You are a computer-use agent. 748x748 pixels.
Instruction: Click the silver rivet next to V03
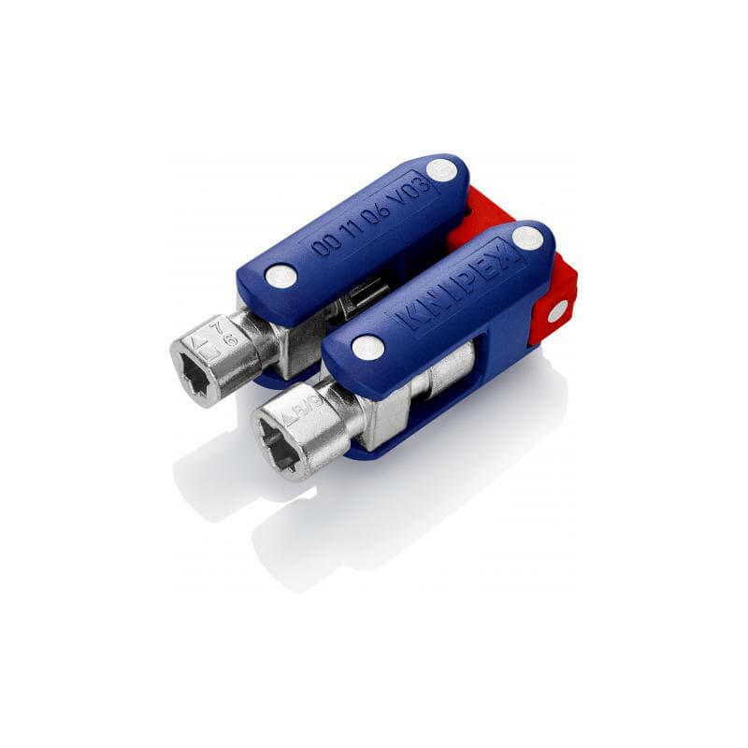click(442, 170)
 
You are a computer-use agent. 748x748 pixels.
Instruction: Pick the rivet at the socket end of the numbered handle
click(280, 276)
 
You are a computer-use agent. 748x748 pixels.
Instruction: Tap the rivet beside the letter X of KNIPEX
click(528, 237)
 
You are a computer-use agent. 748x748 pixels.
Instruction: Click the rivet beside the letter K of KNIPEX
click(367, 348)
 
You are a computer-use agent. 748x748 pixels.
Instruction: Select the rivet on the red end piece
click(556, 312)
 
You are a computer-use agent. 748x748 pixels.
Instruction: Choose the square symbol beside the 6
click(212, 355)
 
